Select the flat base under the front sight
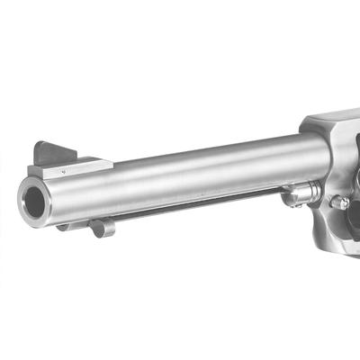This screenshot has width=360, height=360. click(x=72, y=166)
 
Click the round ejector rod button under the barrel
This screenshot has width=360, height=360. click(x=102, y=227)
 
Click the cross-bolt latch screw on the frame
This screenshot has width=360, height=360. click(x=340, y=202)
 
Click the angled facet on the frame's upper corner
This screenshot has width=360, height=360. click(x=310, y=122)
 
